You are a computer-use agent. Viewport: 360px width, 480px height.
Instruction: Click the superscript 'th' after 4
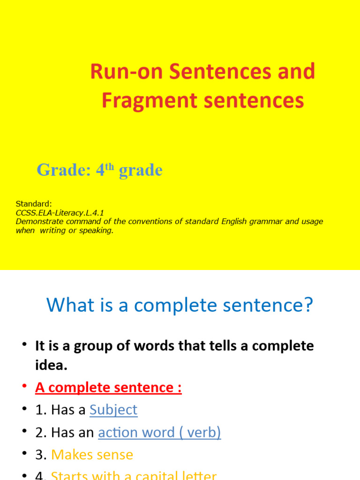point(110,166)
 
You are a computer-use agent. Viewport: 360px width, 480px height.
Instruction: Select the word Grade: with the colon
point(64,170)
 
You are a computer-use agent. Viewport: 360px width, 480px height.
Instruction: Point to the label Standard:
point(34,203)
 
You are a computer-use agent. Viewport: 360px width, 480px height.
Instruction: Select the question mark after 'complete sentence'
point(307,306)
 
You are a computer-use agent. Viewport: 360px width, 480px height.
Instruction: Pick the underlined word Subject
point(113,410)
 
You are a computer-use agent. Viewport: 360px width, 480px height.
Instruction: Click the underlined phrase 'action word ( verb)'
point(159,432)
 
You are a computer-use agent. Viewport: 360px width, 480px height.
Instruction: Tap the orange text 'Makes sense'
point(92,454)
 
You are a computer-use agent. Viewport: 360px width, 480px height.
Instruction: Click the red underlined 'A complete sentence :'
point(108,388)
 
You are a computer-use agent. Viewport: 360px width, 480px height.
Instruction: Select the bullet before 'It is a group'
point(24,345)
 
